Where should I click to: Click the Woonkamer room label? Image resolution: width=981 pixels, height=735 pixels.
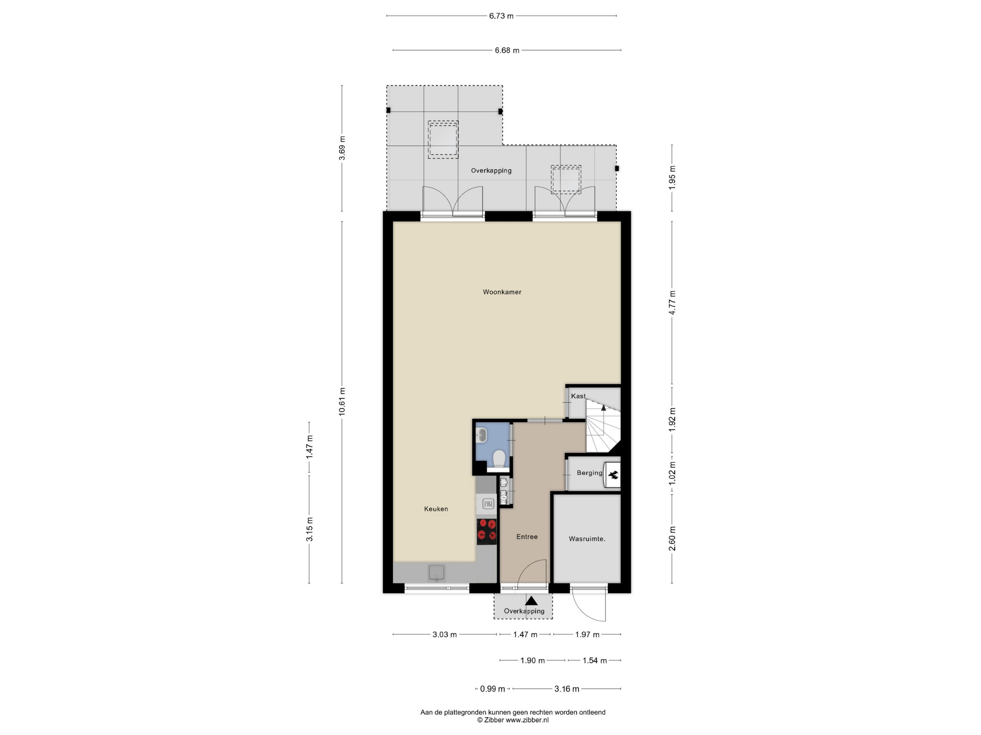coord(502,292)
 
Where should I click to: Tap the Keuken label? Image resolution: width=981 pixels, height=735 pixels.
coord(436,509)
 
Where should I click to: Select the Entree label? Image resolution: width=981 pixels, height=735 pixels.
coord(527,537)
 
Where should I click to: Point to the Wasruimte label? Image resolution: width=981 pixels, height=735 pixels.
coord(587,539)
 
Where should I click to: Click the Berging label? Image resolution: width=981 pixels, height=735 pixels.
coord(589,473)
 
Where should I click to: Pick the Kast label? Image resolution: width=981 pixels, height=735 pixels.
coord(578,396)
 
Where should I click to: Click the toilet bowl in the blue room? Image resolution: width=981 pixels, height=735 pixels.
coord(499,459)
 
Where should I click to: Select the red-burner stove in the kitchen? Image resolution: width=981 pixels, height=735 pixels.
coord(487,531)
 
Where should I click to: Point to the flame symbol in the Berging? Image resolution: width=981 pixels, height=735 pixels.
coord(613,475)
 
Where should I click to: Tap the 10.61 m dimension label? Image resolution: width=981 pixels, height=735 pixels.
coord(342,401)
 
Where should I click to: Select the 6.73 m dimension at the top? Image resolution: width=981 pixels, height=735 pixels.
coord(501,16)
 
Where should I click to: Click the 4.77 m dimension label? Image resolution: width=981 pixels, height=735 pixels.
coord(672,303)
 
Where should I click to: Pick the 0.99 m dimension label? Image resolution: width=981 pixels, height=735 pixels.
coord(492,689)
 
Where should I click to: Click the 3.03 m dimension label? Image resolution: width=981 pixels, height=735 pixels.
coord(444,635)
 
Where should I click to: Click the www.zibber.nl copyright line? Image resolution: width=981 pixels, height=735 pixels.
coord(513,720)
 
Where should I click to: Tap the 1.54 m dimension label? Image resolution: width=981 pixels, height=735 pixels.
coord(595,660)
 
